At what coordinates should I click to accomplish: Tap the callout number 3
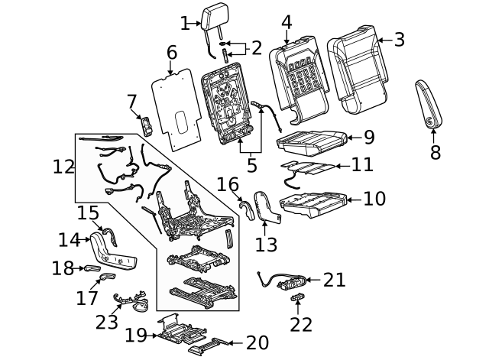(x=399, y=40)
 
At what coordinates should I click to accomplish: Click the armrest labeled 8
(x=426, y=105)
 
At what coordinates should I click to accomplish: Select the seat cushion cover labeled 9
(x=311, y=140)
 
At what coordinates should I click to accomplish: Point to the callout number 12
(x=64, y=166)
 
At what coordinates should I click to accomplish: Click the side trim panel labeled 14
(x=111, y=253)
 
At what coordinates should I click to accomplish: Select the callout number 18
(x=63, y=268)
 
